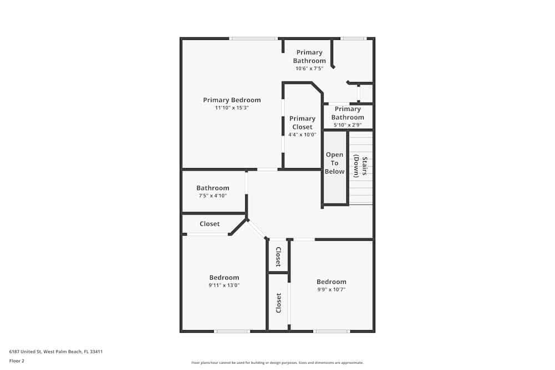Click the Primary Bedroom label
click(232, 100)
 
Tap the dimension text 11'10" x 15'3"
click(232, 108)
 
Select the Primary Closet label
click(302, 123)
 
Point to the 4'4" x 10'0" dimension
click(302, 135)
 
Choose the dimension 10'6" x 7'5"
click(309, 69)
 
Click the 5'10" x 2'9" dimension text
click(347, 125)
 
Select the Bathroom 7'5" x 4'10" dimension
click(213, 196)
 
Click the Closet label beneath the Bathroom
click(210, 224)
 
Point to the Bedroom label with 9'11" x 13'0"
click(224, 278)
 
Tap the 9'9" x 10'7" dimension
click(331, 290)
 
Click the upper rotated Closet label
click(279, 257)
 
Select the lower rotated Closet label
click(279, 303)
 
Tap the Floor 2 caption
click(17, 361)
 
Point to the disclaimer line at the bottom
click(277, 363)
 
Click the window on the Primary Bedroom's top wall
click(253, 38)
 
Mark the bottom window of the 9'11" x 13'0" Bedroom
click(232, 331)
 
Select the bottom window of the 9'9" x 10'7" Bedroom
click(332, 331)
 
